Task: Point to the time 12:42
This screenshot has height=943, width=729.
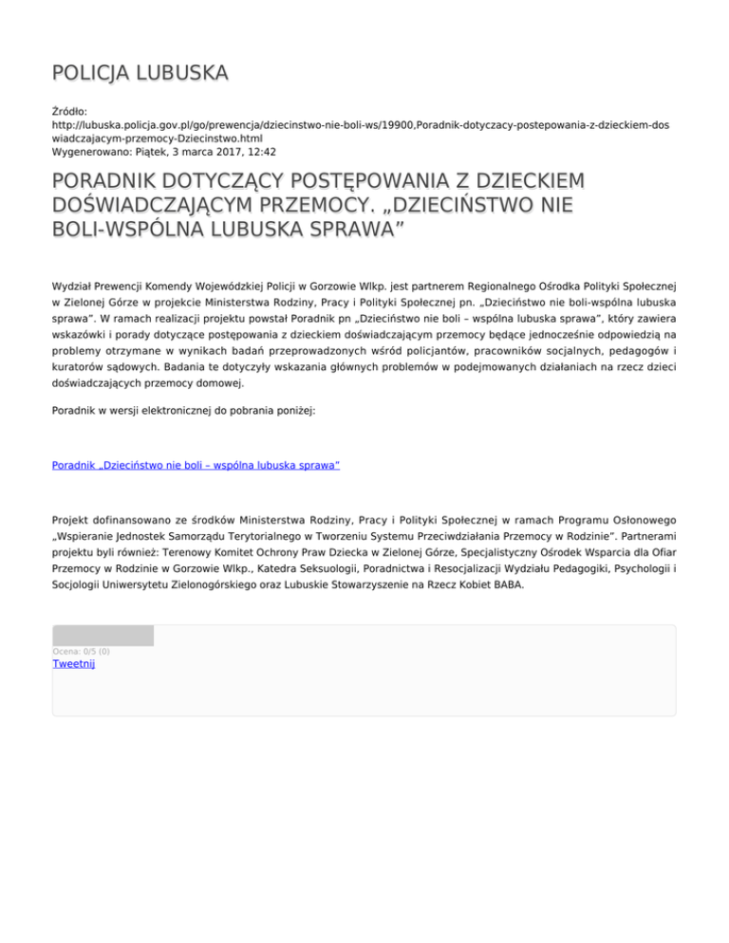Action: pyautogui.click(x=261, y=151)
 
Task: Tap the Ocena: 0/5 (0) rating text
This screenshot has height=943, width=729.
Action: pyautogui.click(x=81, y=652)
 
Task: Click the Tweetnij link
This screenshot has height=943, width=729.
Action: pyautogui.click(x=73, y=663)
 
